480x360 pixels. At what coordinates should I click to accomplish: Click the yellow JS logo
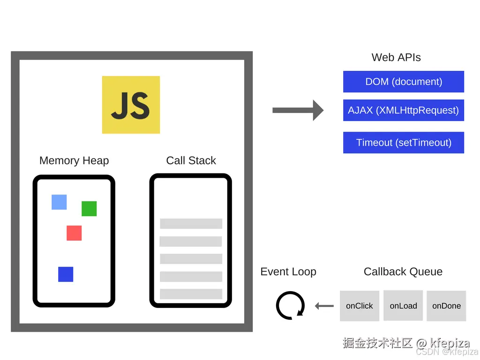[131, 105]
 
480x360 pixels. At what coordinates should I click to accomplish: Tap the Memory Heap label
[74, 160]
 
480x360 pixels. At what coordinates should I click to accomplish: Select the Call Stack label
[191, 160]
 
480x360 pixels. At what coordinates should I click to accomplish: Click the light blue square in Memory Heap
[59, 202]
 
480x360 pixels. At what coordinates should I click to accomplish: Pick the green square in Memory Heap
[89, 209]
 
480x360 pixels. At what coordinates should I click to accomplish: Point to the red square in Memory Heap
[74, 233]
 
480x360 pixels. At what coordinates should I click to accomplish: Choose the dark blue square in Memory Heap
[66, 274]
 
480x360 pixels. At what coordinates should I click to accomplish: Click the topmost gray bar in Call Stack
[191, 224]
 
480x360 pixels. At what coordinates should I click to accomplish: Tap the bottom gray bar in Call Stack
[191, 294]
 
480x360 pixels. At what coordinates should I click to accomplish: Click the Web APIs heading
[396, 57]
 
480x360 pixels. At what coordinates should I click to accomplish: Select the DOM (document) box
[404, 82]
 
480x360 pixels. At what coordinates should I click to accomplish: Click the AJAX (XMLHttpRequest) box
[404, 110]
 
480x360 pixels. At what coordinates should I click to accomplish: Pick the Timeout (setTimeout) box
[404, 142]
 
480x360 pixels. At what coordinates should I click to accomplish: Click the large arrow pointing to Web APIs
[298, 110]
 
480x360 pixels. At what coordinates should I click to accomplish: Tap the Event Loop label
[288, 271]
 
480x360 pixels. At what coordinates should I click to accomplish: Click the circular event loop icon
[290, 306]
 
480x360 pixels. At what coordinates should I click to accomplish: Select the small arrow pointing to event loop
[324, 306]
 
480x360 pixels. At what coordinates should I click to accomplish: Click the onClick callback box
[360, 306]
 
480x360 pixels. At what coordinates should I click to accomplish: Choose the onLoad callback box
[403, 306]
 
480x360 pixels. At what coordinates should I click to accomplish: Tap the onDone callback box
[446, 306]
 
